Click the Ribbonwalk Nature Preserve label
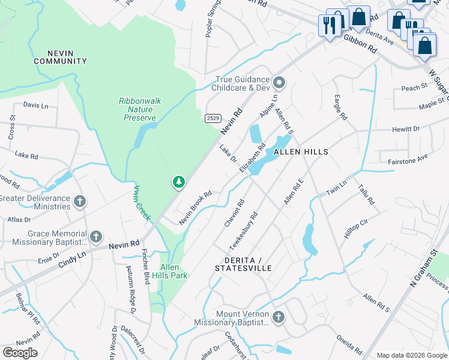pyautogui.click(x=140, y=109)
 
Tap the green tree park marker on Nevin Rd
pyautogui.click(x=178, y=182)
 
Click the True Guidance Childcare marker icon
pyautogui.click(x=279, y=82)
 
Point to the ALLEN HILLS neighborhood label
pyautogui.click(x=301, y=152)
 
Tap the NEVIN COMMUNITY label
pyautogui.click(x=60, y=57)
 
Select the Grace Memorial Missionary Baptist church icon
pyautogui.click(x=96, y=237)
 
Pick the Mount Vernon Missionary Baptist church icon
pyautogui.click(x=277, y=317)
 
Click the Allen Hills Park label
pyautogui.click(x=173, y=271)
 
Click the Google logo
pyautogui.click(x=20, y=352)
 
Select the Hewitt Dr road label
pyautogui.click(x=406, y=129)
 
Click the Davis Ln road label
pyautogui.click(x=35, y=105)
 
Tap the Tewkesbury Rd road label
pyautogui.click(x=243, y=231)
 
